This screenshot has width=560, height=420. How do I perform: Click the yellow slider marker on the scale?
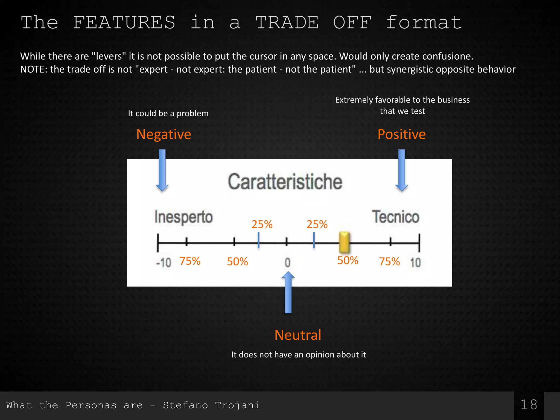344,242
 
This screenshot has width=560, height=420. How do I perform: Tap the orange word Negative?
164,134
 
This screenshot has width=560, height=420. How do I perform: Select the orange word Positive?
401,134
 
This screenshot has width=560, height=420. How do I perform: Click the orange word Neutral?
298,335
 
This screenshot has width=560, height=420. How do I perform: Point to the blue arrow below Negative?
162,170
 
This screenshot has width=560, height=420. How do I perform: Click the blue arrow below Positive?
402,170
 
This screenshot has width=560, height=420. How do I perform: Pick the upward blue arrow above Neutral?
288,292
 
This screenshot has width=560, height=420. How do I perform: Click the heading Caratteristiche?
285,182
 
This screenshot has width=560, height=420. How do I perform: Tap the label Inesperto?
183,217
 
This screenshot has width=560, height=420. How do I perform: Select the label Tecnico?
395,217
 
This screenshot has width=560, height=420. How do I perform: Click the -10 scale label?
163,263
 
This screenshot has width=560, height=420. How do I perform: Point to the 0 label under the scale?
287,262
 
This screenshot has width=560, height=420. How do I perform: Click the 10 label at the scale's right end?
415,262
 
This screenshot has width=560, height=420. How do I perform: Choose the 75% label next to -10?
190,261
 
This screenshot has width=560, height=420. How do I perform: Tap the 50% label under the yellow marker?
348,261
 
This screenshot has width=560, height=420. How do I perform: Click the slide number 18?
529,405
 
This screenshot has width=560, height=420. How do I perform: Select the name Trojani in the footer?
237,405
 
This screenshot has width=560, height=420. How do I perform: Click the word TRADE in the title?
287,22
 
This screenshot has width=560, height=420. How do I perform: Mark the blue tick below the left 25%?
258,240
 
